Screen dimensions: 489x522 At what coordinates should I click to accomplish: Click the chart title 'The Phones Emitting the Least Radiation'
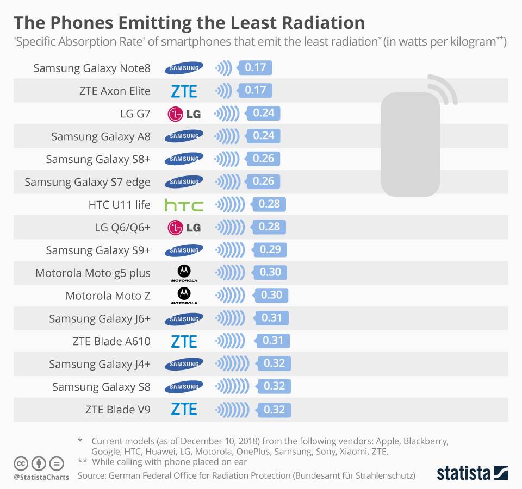coord(189,22)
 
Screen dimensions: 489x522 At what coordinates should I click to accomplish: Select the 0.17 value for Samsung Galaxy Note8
coord(255,68)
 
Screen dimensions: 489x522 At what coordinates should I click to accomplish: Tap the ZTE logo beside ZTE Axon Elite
coord(184,91)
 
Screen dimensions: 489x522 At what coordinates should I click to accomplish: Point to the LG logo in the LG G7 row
coord(184,114)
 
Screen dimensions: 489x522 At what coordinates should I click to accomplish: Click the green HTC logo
coord(184,205)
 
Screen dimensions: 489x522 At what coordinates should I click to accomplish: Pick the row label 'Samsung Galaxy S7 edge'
coord(87,182)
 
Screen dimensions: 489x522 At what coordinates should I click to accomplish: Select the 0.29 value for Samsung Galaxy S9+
coord(270,250)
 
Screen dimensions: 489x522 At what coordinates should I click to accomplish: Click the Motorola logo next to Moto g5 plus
coord(184,273)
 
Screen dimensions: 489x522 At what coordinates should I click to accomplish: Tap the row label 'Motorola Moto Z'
coord(108,296)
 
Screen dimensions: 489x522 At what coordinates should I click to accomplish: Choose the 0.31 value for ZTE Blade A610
coord(273,341)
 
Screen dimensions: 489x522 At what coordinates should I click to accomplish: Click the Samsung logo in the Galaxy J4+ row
coord(184,363)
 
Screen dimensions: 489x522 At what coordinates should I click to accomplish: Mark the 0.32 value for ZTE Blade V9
coord(274,410)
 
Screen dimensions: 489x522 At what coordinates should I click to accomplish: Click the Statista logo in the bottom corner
coord(472,472)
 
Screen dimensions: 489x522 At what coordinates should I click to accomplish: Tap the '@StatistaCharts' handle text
coord(41,477)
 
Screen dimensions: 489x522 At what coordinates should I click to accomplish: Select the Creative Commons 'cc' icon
coord(21,464)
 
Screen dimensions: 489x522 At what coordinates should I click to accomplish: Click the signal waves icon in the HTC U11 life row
coord(233,205)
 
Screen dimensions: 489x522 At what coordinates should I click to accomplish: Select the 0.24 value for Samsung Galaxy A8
coord(263,136)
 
